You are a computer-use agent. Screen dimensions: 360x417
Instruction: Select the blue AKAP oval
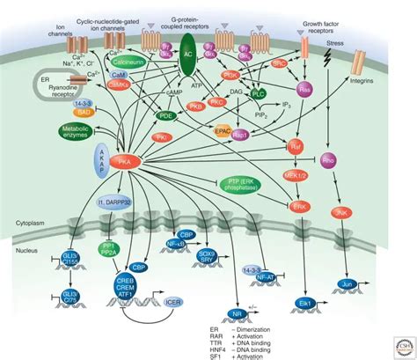point(102,164)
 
